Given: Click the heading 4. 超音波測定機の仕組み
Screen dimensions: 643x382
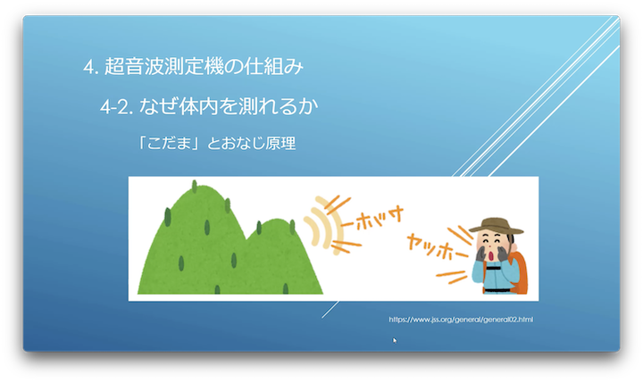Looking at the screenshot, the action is [193, 66].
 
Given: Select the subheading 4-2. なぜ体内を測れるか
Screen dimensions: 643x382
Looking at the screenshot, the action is [209, 106].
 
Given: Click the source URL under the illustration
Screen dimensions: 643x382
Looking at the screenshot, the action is [461, 320].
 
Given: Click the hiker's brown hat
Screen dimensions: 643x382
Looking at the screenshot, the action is [497, 226].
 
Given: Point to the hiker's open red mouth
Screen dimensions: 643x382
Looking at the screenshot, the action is [491, 256].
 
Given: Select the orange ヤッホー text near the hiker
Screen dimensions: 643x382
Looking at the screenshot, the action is [436, 246].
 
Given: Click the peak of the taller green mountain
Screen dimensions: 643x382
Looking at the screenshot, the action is [202, 187].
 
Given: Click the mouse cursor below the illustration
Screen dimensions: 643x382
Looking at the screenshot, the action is [395, 340].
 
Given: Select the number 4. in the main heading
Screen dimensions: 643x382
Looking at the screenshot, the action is [90, 67].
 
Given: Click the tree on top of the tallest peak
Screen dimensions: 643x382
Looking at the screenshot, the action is [195, 186].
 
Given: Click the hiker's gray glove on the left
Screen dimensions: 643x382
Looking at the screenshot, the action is [481, 253].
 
